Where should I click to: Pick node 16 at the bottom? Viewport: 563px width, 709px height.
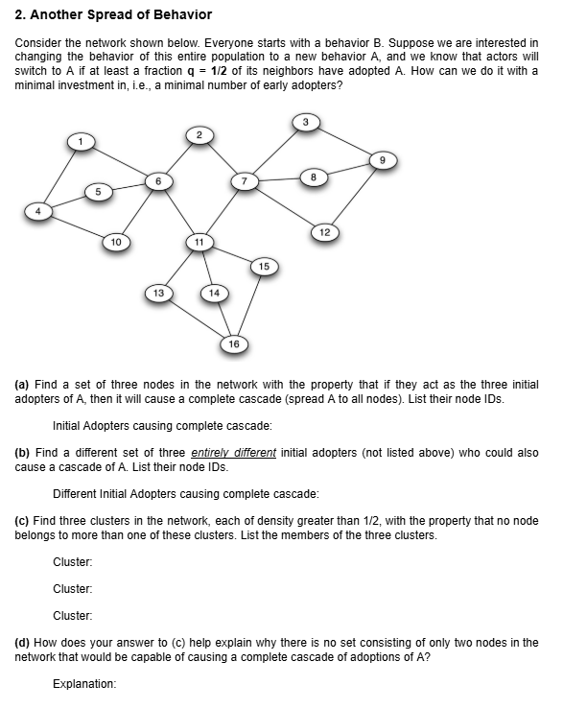click(233, 343)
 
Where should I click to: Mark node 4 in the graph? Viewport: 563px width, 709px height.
click(38, 209)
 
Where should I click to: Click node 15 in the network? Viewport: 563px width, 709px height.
click(266, 265)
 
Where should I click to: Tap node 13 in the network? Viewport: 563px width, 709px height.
click(158, 292)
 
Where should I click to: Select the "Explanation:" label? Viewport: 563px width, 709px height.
click(84, 684)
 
